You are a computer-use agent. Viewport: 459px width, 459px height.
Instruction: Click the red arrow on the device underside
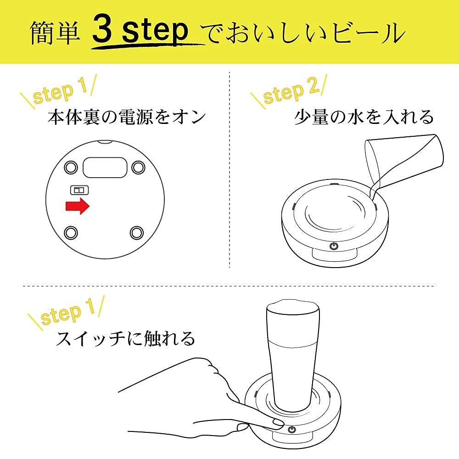77,206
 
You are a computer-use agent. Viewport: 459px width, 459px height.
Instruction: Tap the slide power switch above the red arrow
79,190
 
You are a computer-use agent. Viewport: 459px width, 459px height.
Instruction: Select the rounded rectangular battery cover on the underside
105,167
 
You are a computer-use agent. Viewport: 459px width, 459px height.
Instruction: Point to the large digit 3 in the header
102,30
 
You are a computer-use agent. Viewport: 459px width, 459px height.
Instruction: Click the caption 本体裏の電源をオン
127,117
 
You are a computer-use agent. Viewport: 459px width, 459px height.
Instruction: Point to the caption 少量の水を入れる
364,117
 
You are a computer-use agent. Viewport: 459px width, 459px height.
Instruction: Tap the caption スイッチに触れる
125,338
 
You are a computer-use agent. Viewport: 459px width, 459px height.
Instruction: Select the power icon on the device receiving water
334,246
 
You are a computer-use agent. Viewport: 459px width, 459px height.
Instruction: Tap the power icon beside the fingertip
291,430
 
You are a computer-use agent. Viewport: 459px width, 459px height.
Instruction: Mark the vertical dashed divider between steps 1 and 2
229,170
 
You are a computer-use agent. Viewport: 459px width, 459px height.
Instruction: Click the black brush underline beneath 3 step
148,45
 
